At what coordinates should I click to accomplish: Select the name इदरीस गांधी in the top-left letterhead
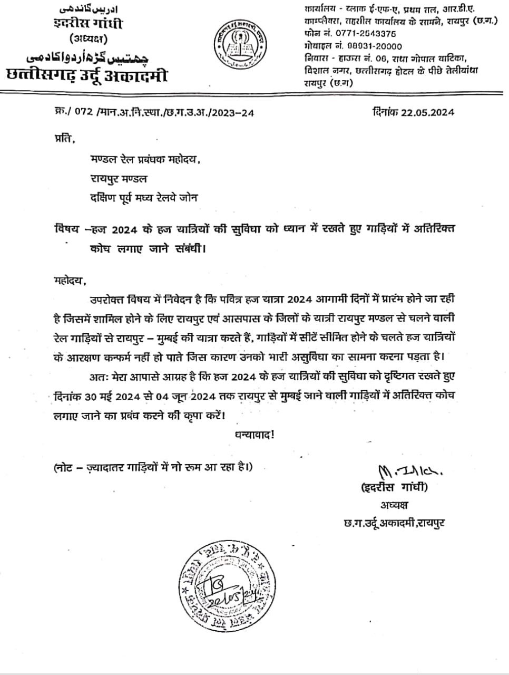click(88, 24)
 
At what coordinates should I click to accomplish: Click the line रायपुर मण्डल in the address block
click(118, 179)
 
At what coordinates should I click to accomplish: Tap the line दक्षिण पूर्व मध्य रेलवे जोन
click(143, 198)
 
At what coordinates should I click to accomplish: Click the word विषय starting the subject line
click(66, 229)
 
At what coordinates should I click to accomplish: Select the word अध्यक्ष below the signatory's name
click(395, 505)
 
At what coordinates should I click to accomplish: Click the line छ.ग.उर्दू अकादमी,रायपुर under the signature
click(393, 523)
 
